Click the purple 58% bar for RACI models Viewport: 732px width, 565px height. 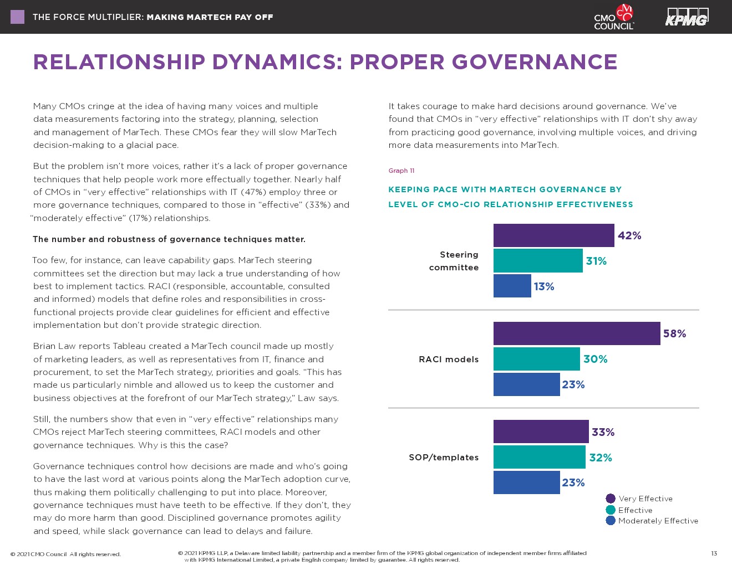[577, 333]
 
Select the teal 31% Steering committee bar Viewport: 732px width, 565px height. [538, 261]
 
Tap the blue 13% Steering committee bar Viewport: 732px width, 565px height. [512, 286]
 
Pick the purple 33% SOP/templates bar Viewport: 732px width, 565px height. [541, 432]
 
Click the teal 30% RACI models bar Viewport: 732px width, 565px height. [536, 359]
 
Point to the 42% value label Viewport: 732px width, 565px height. [629, 236]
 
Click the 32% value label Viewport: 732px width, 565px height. [601, 458]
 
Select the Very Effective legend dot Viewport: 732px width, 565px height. [611, 499]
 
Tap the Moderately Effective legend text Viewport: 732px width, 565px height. [658, 521]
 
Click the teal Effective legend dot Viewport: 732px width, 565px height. [611, 510]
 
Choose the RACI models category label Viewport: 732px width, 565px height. [449, 359]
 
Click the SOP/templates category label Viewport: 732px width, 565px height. [444, 458]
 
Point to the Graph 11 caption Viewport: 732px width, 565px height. [401, 171]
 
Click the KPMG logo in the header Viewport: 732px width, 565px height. [687, 17]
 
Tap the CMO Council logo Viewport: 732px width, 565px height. [614, 17]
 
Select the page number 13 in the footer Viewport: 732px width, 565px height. [714, 553]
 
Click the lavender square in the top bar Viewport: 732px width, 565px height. [18, 17]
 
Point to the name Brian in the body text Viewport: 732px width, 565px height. [45, 346]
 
